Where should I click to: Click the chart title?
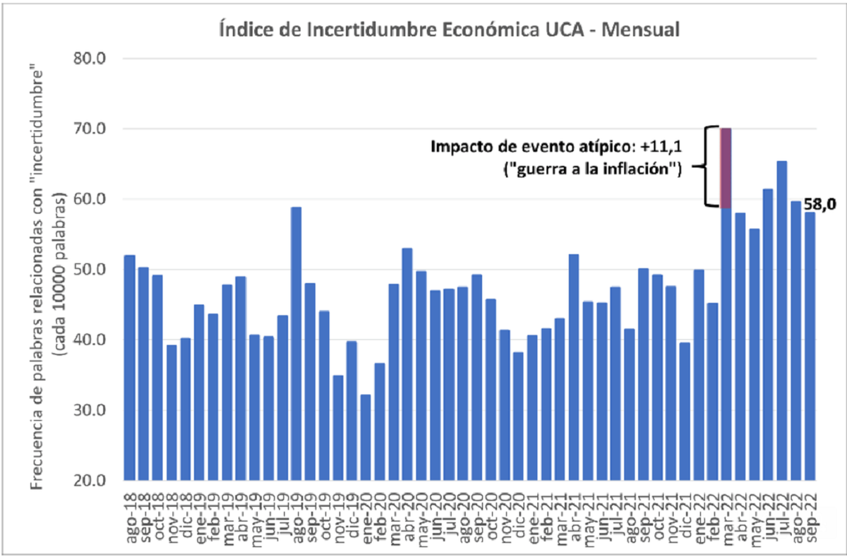coord(449,30)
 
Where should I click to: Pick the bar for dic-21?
coord(685,412)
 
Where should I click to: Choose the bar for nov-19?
coord(338,428)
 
